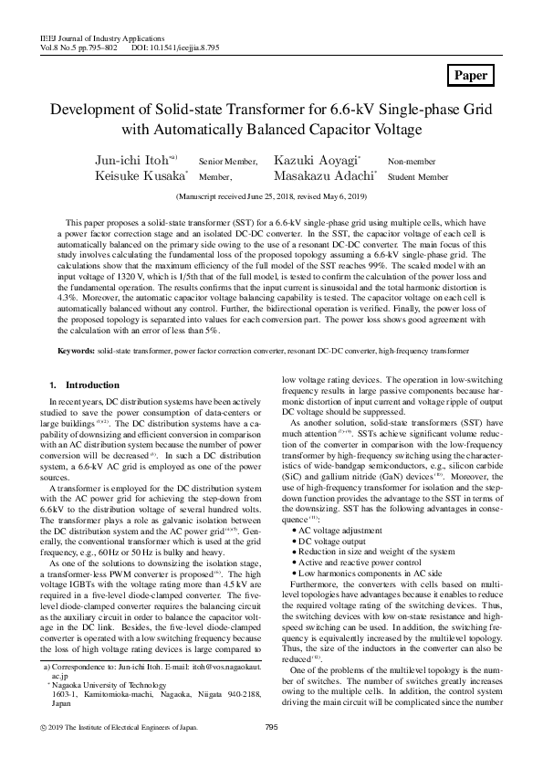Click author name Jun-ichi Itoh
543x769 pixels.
[x=132, y=160]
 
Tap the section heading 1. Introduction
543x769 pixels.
[x=85, y=385]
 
